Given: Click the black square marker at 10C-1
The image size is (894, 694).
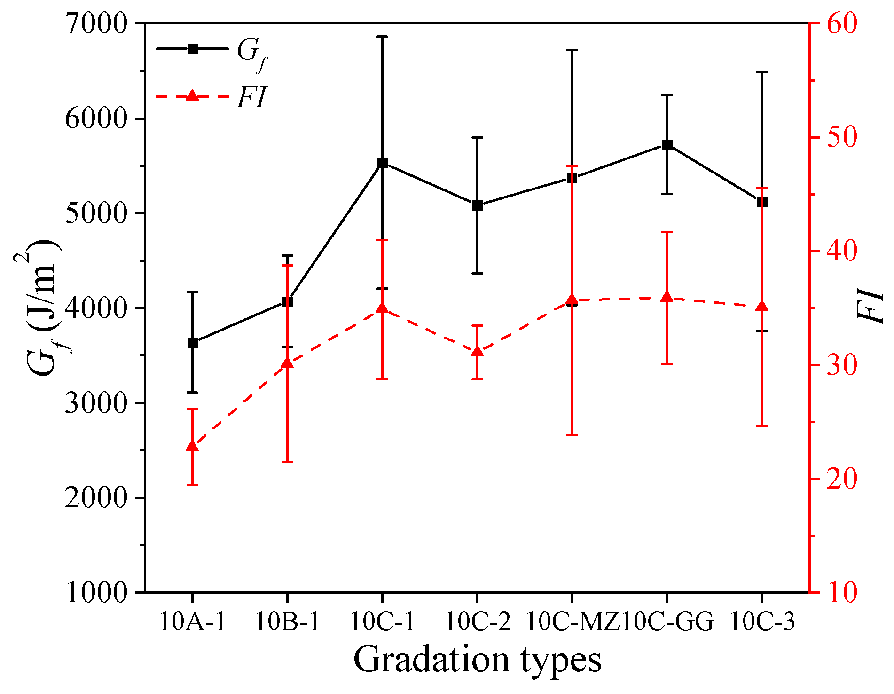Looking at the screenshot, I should (x=383, y=163).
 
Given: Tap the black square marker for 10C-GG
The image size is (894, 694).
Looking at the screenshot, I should (x=667, y=144).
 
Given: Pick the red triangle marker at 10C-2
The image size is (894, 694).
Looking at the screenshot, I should (x=478, y=352).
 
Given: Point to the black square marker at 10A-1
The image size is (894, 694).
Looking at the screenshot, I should (x=193, y=343).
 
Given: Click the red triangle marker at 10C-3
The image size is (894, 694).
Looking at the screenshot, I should (x=762, y=307).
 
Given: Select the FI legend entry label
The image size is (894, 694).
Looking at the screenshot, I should (x=252, y=97).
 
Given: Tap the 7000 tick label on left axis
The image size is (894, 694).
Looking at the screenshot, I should (x=96, y=24).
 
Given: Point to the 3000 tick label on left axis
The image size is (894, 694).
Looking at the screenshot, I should (x=96, y=403).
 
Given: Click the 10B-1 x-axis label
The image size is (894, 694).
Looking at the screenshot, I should (x=287, y=622).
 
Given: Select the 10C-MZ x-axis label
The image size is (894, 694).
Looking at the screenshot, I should (x=572, y=622).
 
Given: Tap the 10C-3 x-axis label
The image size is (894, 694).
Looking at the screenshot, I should (x=762, y=622).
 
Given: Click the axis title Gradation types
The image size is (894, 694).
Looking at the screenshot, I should (x=477, y=660).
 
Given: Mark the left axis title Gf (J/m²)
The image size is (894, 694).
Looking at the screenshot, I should (x=42, y=308).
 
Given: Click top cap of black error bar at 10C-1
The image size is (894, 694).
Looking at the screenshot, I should (x=383, y=36).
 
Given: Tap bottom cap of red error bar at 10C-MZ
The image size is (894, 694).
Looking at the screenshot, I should (x=572, y=434).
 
